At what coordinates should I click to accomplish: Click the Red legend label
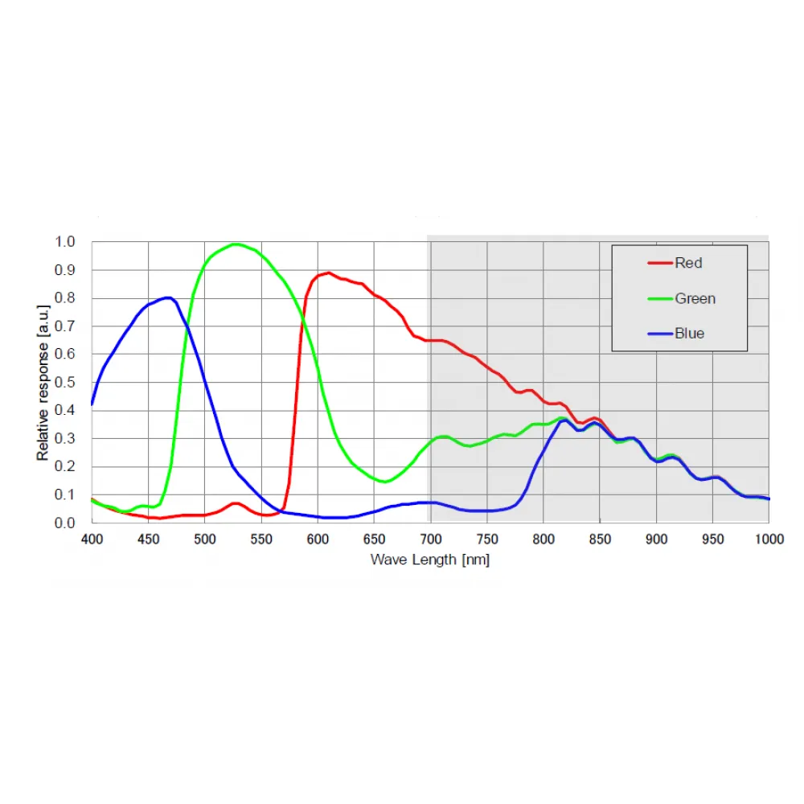pos(689,263)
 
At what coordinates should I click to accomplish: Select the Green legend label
pos(695,299)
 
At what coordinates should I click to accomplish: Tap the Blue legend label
pos(690,334)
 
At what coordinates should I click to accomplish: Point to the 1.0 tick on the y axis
pos(65,242)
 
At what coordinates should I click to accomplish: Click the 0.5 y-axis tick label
pos(65,383)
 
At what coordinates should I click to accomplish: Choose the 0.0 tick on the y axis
pos(65,523)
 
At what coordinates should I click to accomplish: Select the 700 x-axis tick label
pos(431,539)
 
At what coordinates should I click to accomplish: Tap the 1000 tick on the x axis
pos(769,539)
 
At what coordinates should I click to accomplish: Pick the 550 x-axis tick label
pos(261,539)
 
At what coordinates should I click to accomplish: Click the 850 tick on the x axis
pos(600,539)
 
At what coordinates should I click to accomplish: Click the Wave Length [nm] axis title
pos(429,560)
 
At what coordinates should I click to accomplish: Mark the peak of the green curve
pos(235,244)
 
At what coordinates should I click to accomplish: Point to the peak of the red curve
pos(328,273)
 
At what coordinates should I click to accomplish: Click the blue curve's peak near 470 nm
pos(168,297)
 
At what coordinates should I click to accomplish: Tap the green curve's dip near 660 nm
pos(386,482)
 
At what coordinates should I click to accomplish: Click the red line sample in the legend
pos(659,263)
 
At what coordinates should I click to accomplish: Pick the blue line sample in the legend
pos(659,334)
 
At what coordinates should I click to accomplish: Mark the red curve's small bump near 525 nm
pos(235,503)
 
